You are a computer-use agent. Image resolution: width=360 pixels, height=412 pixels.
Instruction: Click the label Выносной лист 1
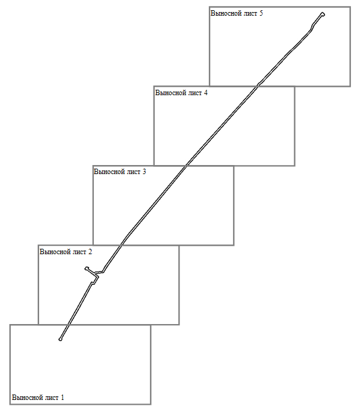tap(38, 398)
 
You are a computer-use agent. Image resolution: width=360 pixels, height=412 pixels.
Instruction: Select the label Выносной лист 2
tap(66, 252)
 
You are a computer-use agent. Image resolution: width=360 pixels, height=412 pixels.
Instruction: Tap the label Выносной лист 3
tap(120, 172)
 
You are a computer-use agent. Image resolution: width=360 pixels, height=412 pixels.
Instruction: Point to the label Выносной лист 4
tap(181, 93)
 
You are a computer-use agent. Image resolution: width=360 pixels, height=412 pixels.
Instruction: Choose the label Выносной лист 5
tap(237, 13)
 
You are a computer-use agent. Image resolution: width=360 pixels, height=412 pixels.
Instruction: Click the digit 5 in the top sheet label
tap(261, 13)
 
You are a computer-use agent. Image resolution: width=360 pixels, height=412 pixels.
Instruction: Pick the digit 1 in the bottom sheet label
tap(63, 398)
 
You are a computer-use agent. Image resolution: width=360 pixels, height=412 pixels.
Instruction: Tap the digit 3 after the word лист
tap(144, 172)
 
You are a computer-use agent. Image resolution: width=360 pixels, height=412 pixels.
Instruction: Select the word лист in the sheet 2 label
tap(79, 252)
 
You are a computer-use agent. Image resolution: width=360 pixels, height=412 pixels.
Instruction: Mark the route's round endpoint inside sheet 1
tap(60, 340)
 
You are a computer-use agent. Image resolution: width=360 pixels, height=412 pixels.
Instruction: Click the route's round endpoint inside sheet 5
tap(323, 14)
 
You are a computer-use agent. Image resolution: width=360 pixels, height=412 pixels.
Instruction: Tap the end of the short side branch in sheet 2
tap(87, 269)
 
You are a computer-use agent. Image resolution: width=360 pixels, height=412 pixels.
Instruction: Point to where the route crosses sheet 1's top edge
tap(68, 325)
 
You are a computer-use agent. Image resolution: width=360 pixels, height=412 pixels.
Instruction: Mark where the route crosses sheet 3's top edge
tap(186, 166)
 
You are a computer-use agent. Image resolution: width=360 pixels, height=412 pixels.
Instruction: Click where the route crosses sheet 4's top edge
tap(258, 86)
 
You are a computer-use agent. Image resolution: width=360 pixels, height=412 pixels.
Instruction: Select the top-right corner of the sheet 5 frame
tap(350, 7)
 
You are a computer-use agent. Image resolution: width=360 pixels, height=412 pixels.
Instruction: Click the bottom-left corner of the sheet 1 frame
tap(10, 404)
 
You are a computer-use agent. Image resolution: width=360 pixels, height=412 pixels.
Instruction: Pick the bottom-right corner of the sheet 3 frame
tap(234, 245)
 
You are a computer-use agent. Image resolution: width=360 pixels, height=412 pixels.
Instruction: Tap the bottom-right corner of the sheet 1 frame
tap(151, 404)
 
